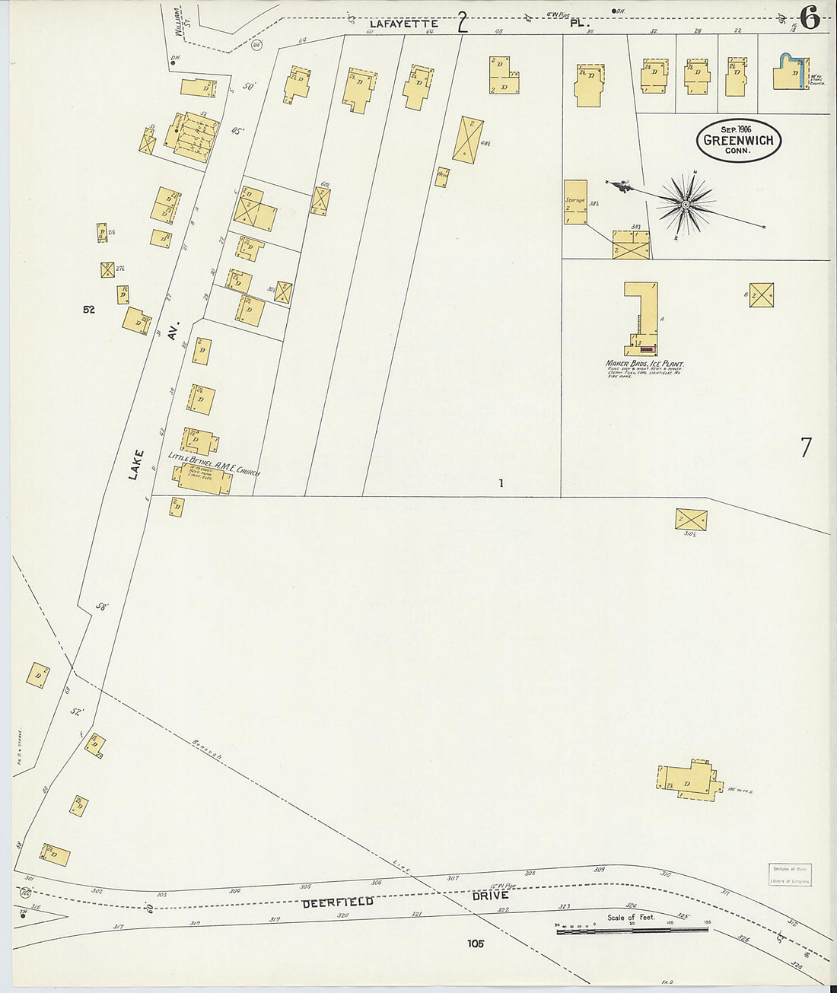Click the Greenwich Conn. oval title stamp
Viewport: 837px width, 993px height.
tap(738, 140)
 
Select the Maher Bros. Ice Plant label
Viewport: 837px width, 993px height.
tap(644, 364)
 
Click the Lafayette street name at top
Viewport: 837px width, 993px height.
tap(403, 24)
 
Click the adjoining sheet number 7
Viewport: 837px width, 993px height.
tap(806, 448)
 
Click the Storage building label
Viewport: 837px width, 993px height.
tap(574, 201)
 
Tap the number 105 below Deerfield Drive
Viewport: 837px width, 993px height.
tap(476, 944)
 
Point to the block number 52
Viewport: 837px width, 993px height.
tap(89, 310)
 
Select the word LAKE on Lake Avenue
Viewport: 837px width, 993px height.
tap(135, 465)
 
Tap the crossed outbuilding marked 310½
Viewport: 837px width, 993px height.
tap(691, 519)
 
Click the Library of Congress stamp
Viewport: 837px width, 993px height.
tap(789, 875)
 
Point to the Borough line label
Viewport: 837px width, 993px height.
tap(207, 750)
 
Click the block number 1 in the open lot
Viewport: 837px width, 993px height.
tap(501, 483)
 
